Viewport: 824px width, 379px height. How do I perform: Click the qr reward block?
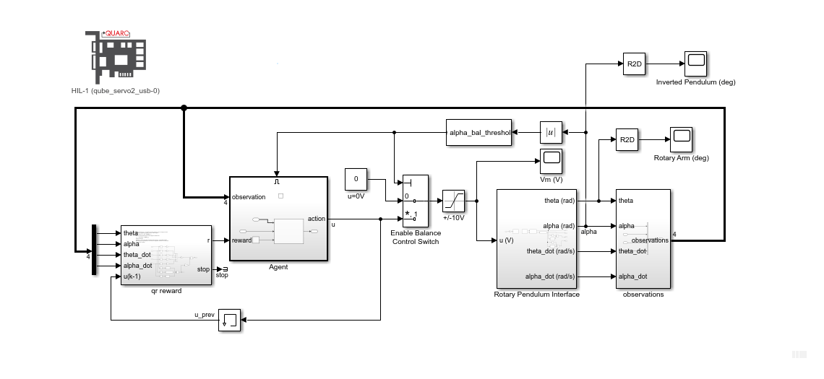pyautogui.click(x=166, y=254)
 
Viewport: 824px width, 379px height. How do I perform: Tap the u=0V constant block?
pyautogui.click(x=356, y=178)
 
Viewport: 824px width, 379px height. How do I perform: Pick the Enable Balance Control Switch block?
pyautogui.click(x=416, y=201)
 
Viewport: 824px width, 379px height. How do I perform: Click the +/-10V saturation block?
pyautogui.click(x=454, y=200)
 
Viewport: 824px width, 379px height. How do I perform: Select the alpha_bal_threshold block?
pyautogui.click(x=478, y=133)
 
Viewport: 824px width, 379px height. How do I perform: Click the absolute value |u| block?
pyautogui.click(x=551, y=132)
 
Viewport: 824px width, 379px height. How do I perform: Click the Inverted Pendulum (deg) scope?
pyautogui.click(x=695, y=64)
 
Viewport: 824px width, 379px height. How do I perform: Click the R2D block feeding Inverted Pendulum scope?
pyautogui.click(x=634, y=64)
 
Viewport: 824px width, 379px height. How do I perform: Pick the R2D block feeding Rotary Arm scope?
pyautogui.click(x=627, y=139)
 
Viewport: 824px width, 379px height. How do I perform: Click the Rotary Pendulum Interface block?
pyautogui.click(x=536, y=238)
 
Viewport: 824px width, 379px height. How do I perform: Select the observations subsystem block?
pyautogui.click(x=643, y=238)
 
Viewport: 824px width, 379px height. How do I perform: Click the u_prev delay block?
pyautogui.click(x=230, y=320)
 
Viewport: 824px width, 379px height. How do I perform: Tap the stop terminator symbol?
pyautogui.click(x=225, y=269)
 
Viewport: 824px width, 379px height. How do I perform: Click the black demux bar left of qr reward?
pyautogui.click(x=94, y=250)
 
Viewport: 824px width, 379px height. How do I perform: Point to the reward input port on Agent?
pyautogui.click(x=242, y=240)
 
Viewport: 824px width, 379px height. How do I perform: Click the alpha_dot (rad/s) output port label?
pyautogui.click(x=550, y=276)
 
